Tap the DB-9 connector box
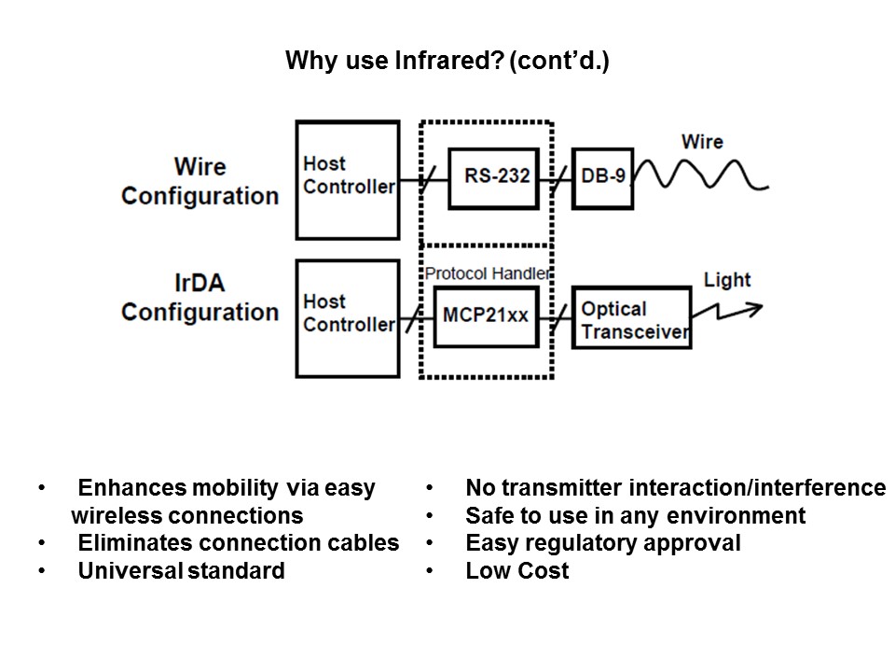[x=602, y=176]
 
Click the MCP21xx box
[x=487, y=315]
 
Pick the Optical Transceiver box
[x=631, y=318]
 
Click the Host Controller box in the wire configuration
[x=348, y=179]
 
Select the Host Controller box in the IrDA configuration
[x=348, y=317]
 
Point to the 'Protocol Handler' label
[x=487, y=273]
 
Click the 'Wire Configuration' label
[x=200, y=181]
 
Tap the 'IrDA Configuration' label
[x=200, y=298]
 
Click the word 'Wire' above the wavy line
[x=701, y=142]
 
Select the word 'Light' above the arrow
[x=727, y=280]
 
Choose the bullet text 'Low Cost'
[x=516, y=571]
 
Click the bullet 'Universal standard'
[x=181, y=571]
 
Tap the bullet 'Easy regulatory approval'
[x=602, y=543]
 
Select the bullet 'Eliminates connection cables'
[x=238, y=543]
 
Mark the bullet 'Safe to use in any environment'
[x=635, y=515]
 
